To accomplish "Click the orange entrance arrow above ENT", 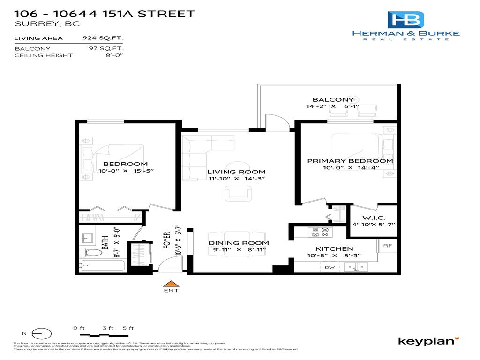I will coord(171,283).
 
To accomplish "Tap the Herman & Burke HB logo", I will coord(405,20).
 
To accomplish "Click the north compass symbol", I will coord(41,333).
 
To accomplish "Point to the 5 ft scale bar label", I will coord(128,328).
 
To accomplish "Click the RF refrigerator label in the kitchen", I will coord(387,245).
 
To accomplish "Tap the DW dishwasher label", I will coord(330,267).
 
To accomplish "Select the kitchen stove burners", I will coord(319,231).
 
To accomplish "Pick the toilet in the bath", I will coord(94,253).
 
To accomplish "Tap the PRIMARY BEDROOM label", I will coord(350,161).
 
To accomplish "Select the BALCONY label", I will coord(333,99).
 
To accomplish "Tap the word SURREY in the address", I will coord(31,24).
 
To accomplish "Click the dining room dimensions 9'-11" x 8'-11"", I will coord(238,250).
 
